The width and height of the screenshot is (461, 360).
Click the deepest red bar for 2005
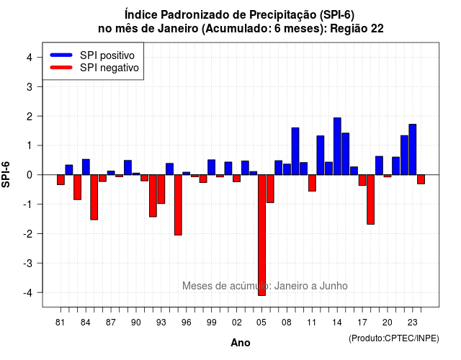(x=261, y=235)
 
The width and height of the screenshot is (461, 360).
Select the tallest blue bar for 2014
(x=337, y=146)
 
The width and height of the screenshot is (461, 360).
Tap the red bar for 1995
(x=178, y=204)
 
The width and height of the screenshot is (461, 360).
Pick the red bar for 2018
(x=371, y=199)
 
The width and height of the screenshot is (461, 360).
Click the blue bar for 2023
(x=413, y=149)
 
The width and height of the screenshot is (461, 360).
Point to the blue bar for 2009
(x=295, y=151)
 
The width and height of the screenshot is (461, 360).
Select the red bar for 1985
(x=94, y=197)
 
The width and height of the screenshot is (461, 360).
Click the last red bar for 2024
(x=421, y=179)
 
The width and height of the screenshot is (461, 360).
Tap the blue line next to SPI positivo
(x=61, y=55)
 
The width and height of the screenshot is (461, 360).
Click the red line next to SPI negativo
(x=61, y=68)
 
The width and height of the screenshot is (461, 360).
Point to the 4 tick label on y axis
(x=30, y=58)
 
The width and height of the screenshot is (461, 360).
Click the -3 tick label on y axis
(x=28, y=263)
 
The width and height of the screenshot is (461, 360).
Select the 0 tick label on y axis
(x=30, y=175)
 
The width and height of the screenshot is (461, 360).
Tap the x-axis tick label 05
(x=261, y=323)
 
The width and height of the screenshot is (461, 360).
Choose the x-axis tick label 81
(x=60, y=323)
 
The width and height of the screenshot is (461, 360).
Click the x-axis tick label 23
(x=413, y=323)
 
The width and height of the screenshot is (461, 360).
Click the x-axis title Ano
(x=241, y=343)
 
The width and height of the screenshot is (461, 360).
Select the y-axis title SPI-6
(x=6, y=174)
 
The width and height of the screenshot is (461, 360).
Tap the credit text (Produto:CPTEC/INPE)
(x=394, y=338)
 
